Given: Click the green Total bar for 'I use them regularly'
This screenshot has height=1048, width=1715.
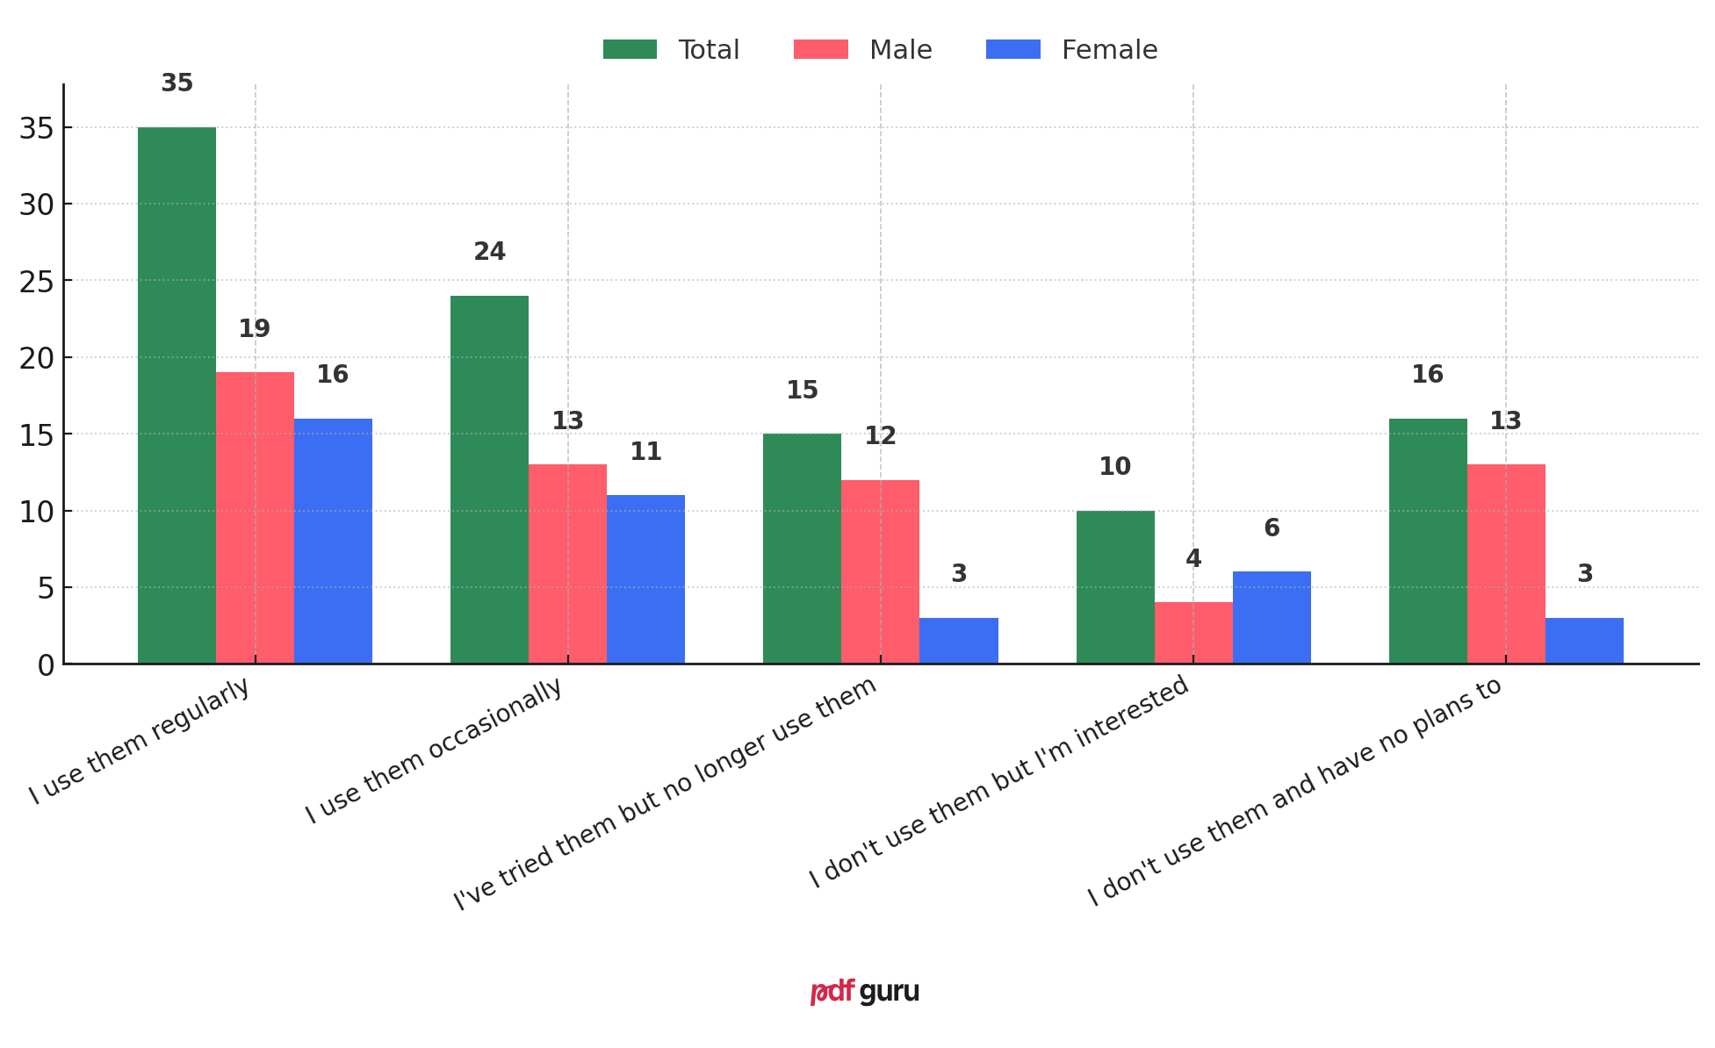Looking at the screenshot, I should tap(177, 395).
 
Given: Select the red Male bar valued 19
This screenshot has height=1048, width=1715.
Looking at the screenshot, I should tap(255, 518).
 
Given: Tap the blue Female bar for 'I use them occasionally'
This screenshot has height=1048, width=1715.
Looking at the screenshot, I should tap(645, 579).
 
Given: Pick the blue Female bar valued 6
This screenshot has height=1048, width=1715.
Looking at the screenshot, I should tap(1272, 617).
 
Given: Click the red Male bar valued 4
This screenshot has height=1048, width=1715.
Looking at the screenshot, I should tap(1193, 633).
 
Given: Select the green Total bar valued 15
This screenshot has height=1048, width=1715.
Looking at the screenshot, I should tap(802, 549).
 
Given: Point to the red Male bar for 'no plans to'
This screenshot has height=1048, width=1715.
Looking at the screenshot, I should tap(1506, 563).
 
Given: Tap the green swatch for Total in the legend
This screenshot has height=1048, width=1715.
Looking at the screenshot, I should tap(630, 50).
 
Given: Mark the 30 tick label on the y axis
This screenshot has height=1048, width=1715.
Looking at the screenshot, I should tap(36, 205).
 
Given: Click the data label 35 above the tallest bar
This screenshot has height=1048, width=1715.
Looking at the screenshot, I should tap(177, 83).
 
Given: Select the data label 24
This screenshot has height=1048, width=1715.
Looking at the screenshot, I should tap(489, 252).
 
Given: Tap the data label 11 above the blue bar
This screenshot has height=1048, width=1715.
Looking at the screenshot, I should tap(645, 452).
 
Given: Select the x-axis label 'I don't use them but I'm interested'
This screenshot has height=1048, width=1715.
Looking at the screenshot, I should tap(998, 781).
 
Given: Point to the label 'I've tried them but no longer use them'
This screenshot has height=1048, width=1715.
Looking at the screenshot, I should tap(665, 793).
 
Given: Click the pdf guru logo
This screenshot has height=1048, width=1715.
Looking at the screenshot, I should tap(864, 992).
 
